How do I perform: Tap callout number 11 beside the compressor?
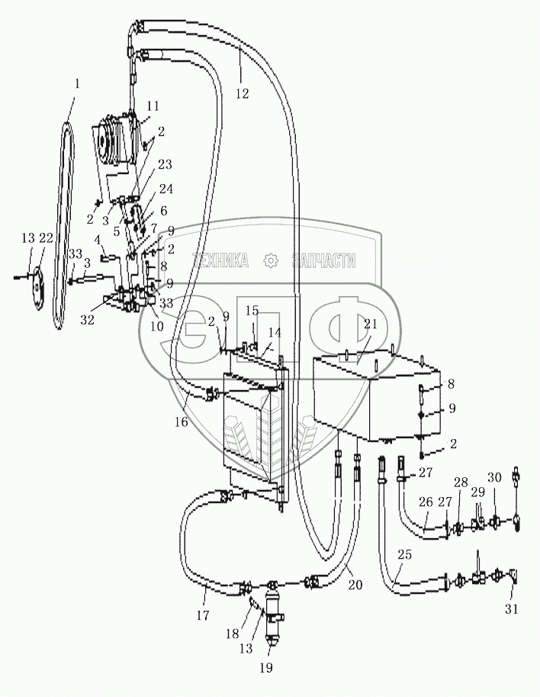(x=153, y=105)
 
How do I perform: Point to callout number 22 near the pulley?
(x=46, y=239)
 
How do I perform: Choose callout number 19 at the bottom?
(x=264, y=667)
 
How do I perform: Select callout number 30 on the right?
(x=495, y=477)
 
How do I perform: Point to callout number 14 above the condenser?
(x=274, y=333)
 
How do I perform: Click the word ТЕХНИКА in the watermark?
(x=220, y=261)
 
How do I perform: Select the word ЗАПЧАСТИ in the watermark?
(x=323, y=261)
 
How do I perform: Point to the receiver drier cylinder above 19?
(x=272, y=611)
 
